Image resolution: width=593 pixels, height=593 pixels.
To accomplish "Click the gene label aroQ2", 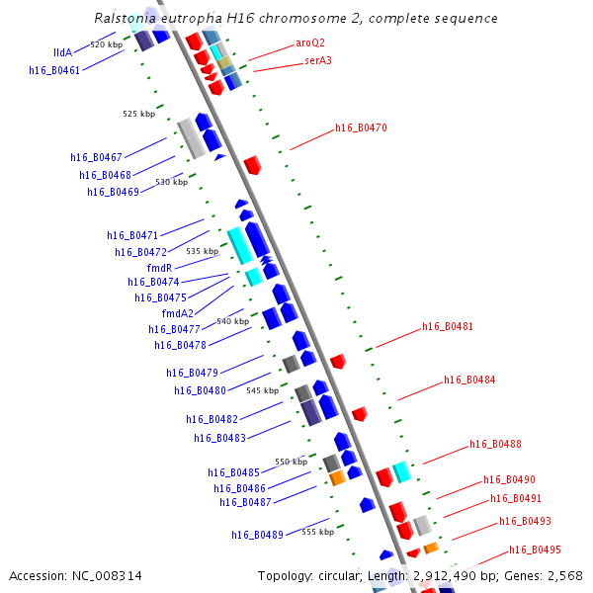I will (310, 43).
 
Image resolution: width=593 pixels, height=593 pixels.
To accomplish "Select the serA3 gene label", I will (318, 60).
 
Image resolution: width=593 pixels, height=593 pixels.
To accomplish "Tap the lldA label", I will (62, 52).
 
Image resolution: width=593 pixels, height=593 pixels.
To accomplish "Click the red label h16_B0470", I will (361, 127).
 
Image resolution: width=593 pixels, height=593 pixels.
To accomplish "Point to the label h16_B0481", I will (448, 326).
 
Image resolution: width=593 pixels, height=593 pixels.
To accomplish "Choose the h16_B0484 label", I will (469, 380).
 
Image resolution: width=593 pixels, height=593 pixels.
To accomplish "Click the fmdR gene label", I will (160, 268).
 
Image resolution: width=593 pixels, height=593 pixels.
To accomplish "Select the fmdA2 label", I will (178, 313).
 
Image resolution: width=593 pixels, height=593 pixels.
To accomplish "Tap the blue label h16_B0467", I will (96, 157).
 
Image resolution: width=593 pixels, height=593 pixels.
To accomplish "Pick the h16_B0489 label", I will (258, 535).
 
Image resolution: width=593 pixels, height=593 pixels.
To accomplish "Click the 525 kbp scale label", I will (139, 114).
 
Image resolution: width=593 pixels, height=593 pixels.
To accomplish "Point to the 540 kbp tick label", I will (232, 321).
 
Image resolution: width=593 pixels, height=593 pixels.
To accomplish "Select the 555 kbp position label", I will (317, 532).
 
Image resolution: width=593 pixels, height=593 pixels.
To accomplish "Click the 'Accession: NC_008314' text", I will (75, 575).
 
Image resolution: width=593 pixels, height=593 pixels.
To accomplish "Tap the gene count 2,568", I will (565, 575).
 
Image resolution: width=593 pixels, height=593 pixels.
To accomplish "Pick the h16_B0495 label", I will (535, 550).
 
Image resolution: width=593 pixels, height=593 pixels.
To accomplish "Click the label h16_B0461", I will (54, 70).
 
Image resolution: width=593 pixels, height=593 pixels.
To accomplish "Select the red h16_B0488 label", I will (495, 445).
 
